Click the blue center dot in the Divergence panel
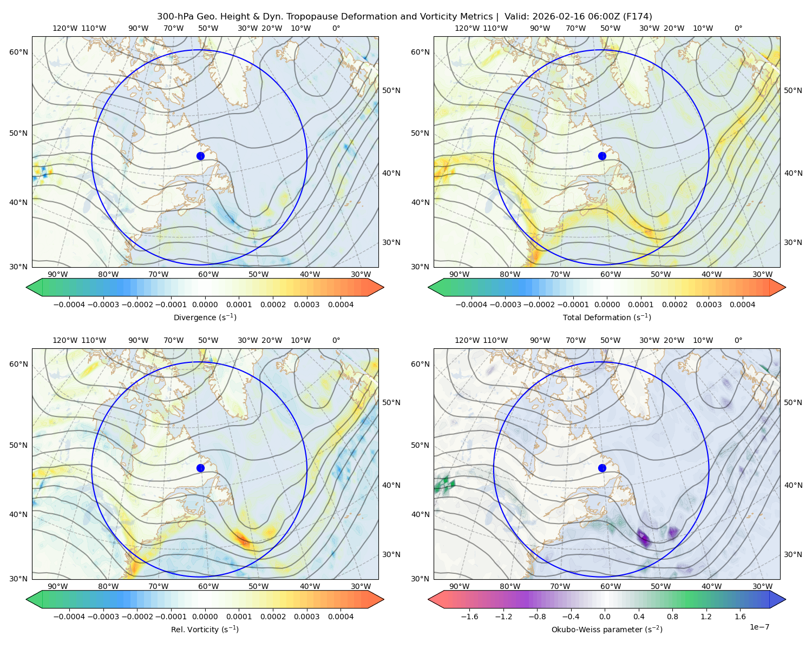point(200,156)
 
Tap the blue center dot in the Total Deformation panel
point(602,156)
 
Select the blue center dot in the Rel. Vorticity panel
point(200,468)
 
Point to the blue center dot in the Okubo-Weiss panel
point(602,468)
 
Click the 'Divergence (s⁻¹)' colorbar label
point(205,317)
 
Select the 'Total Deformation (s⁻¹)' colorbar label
point(607,317)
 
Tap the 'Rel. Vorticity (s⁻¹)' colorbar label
point(205,629)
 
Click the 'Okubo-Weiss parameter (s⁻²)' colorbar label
point(607,629)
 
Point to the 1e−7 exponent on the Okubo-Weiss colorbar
point(759,627)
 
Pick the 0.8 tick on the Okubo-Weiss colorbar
point(672,617)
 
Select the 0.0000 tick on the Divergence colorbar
point(205,304)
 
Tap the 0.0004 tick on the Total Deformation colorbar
point(742,304)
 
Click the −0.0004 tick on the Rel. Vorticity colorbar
point(69,617)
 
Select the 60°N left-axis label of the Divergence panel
point(18,52)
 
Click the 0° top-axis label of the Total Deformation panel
point(738,28)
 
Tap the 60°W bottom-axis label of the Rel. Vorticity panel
point(208,586)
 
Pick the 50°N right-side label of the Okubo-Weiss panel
point(793,402)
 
